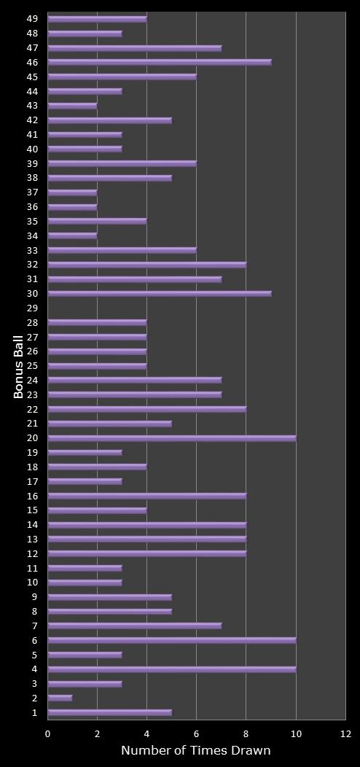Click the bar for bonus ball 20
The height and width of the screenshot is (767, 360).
(172, 438)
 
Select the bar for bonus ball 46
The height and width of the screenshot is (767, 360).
(160, 62)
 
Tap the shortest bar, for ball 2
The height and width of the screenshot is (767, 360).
(60, 698)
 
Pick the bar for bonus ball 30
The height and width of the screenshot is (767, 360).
(160, 294)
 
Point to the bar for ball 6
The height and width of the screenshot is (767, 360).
(172, 640)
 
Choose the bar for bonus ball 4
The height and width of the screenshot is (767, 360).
(172, 669)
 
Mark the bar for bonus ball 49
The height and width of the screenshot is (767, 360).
(97, 19)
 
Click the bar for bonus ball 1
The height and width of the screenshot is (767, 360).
(109, 712)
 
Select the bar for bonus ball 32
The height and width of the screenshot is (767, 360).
(147, 265)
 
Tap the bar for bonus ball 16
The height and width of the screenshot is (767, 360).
(147, 496)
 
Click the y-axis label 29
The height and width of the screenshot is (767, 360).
(32, 308)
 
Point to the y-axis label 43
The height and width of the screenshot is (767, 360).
(32, 106)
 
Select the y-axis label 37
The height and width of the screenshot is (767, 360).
(32, 192)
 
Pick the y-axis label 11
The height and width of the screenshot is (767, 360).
(32, 568)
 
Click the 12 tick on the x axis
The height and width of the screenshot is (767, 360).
(345, 733)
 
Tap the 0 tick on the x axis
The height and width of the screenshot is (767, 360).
(48, 733)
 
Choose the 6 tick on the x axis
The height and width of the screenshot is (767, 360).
(197, 733)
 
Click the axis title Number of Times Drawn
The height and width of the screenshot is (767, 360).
(195, 750)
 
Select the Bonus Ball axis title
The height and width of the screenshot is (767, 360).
(19, 366)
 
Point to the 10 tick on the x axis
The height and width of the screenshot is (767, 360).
(296, 733)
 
